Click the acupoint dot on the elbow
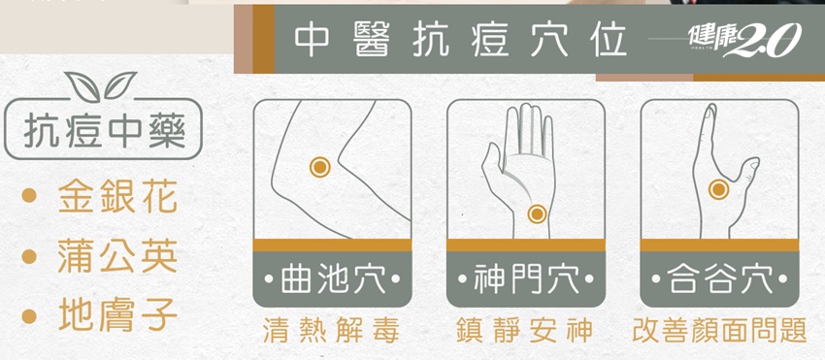coord(319,167)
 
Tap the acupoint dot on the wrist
coord(537,213)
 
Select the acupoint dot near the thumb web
coord(718,189)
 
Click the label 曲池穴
coord(333,278)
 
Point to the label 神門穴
coord(526,278)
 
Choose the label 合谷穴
coord(720,278)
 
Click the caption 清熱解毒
coord(331,331)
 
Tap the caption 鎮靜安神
coord(524,331)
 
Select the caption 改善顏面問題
coord(719,331)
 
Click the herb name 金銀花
coord(117,197)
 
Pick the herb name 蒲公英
coord(117,257)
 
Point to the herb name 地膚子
coord(117,315)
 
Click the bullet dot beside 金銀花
coord(29,197)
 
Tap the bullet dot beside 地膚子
coord(29,315)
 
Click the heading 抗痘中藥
coord(104,130)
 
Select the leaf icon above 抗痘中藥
coord(100,85)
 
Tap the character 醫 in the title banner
coord(371,40)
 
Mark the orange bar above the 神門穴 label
coord(526,245)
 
